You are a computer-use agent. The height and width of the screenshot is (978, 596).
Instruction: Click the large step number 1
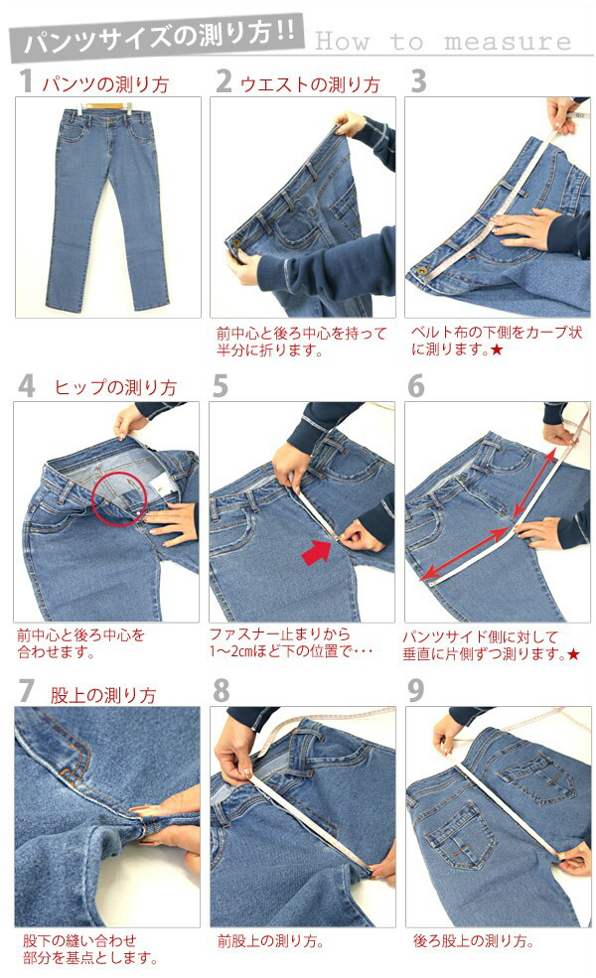tap(25, 81)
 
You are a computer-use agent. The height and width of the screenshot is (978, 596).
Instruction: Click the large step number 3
tap(419, 81)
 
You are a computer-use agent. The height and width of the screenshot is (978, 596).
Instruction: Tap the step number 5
tap(220, 386)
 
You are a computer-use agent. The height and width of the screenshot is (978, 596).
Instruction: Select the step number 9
tap(415, 690)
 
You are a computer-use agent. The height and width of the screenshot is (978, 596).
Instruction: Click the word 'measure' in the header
tap(508, 42)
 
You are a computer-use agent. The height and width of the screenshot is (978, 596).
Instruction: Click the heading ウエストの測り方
tap(310, 84)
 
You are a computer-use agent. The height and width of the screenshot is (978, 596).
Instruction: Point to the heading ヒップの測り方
tap(115, 387)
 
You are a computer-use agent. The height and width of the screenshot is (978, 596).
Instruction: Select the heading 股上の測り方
tap(103, 695)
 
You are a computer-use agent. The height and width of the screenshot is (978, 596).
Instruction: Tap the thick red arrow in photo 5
tap(316, 553)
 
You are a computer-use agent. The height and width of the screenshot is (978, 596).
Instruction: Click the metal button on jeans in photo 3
tap(420, 272)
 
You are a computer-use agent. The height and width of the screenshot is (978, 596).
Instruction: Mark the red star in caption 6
tap(573, 654)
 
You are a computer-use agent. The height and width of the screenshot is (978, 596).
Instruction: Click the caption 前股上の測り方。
tap(270, 940)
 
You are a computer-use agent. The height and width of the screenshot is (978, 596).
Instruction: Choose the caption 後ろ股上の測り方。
tap(474, 940)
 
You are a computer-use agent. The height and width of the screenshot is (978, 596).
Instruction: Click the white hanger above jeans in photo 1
tap(129, 106)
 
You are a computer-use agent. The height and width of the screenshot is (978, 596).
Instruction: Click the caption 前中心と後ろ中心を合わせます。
tap(80, 644)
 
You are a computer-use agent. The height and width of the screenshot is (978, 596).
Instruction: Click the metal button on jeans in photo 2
tap(236, 240)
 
